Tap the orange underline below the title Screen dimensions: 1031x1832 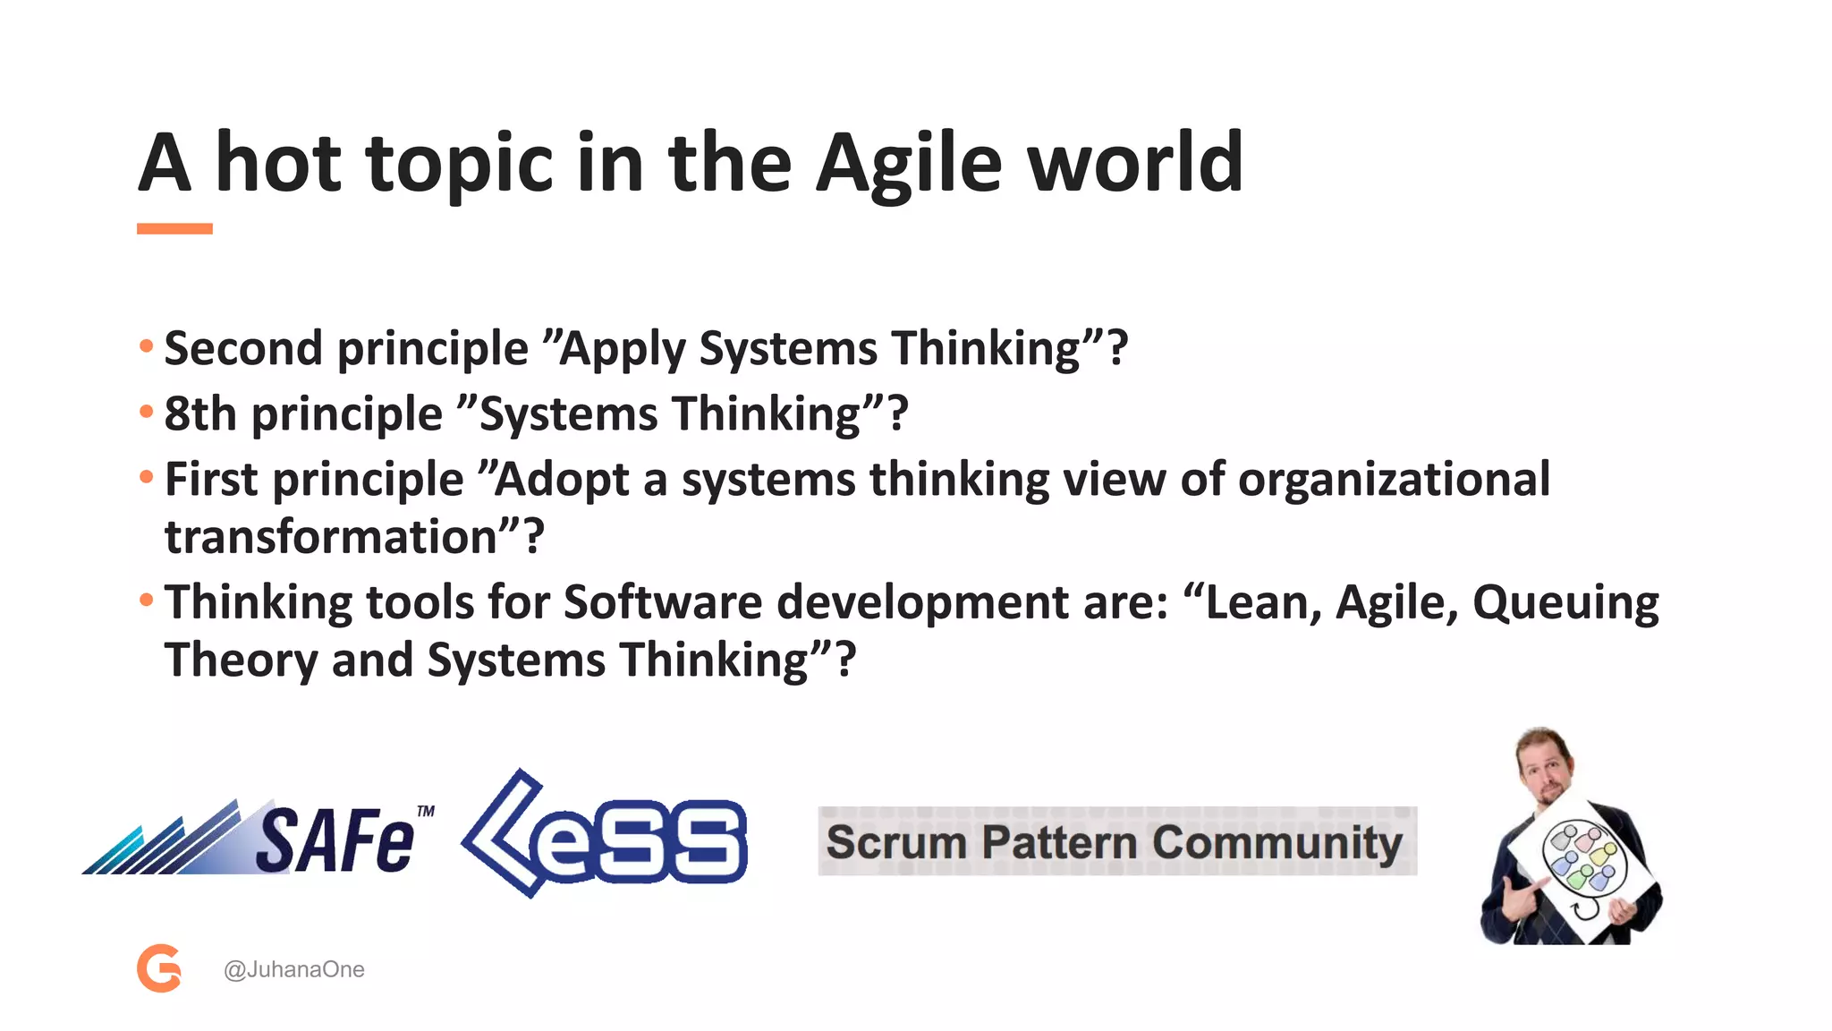174,229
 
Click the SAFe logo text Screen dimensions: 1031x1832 335,839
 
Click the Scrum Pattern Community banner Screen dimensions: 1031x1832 1116,841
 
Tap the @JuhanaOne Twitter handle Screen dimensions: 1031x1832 293,969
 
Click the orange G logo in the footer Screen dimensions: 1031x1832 159,968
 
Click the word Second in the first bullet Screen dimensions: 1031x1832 243,348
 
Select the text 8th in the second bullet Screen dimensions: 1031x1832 200,414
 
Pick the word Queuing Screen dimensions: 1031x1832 1565,602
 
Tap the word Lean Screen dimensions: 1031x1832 1259,602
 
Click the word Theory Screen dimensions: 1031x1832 240,660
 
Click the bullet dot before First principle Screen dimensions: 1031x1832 147,477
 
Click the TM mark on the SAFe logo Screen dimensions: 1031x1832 426,811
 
